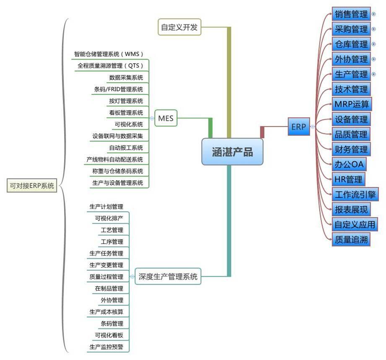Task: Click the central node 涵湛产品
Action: (233, 152)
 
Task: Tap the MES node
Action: (166, 119)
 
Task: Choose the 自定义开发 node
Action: (179, 27)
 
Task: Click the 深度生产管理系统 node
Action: (168, 277)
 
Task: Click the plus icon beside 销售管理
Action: (374, 14)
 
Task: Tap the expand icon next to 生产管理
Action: (374, 74)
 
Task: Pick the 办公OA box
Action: (348, 164)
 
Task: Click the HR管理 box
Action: (348, 179)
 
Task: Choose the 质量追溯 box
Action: (351, 239)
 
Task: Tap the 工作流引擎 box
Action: (355, 194)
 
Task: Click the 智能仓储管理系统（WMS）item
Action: (109, 54)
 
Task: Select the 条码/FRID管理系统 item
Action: (119, 89)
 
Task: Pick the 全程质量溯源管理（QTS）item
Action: (111, 66)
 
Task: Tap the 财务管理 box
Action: (351, 149)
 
